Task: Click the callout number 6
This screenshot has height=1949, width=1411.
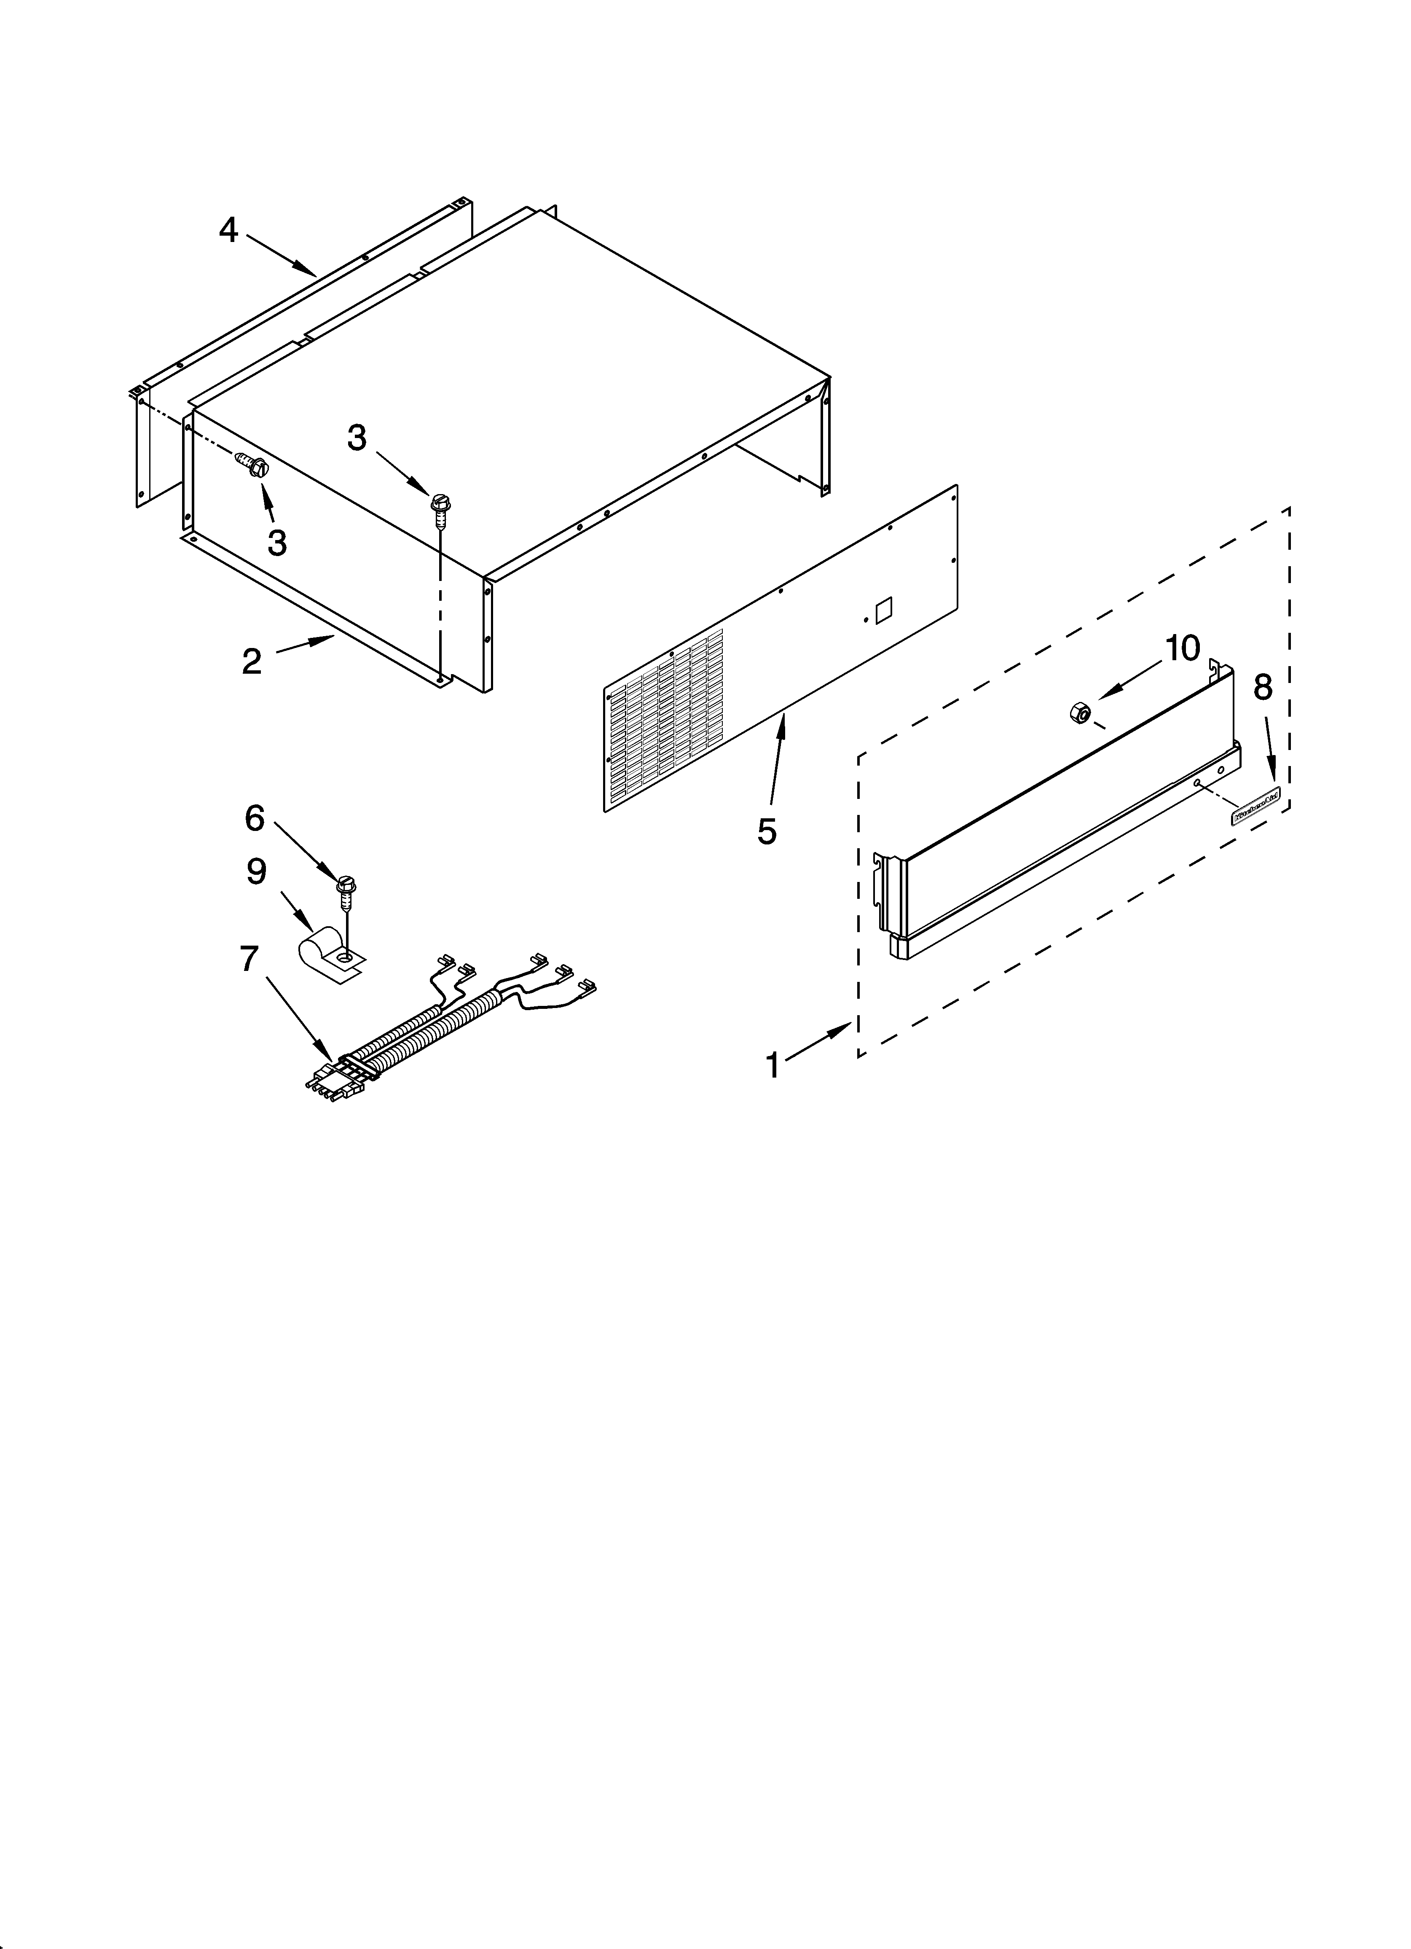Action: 255,818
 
